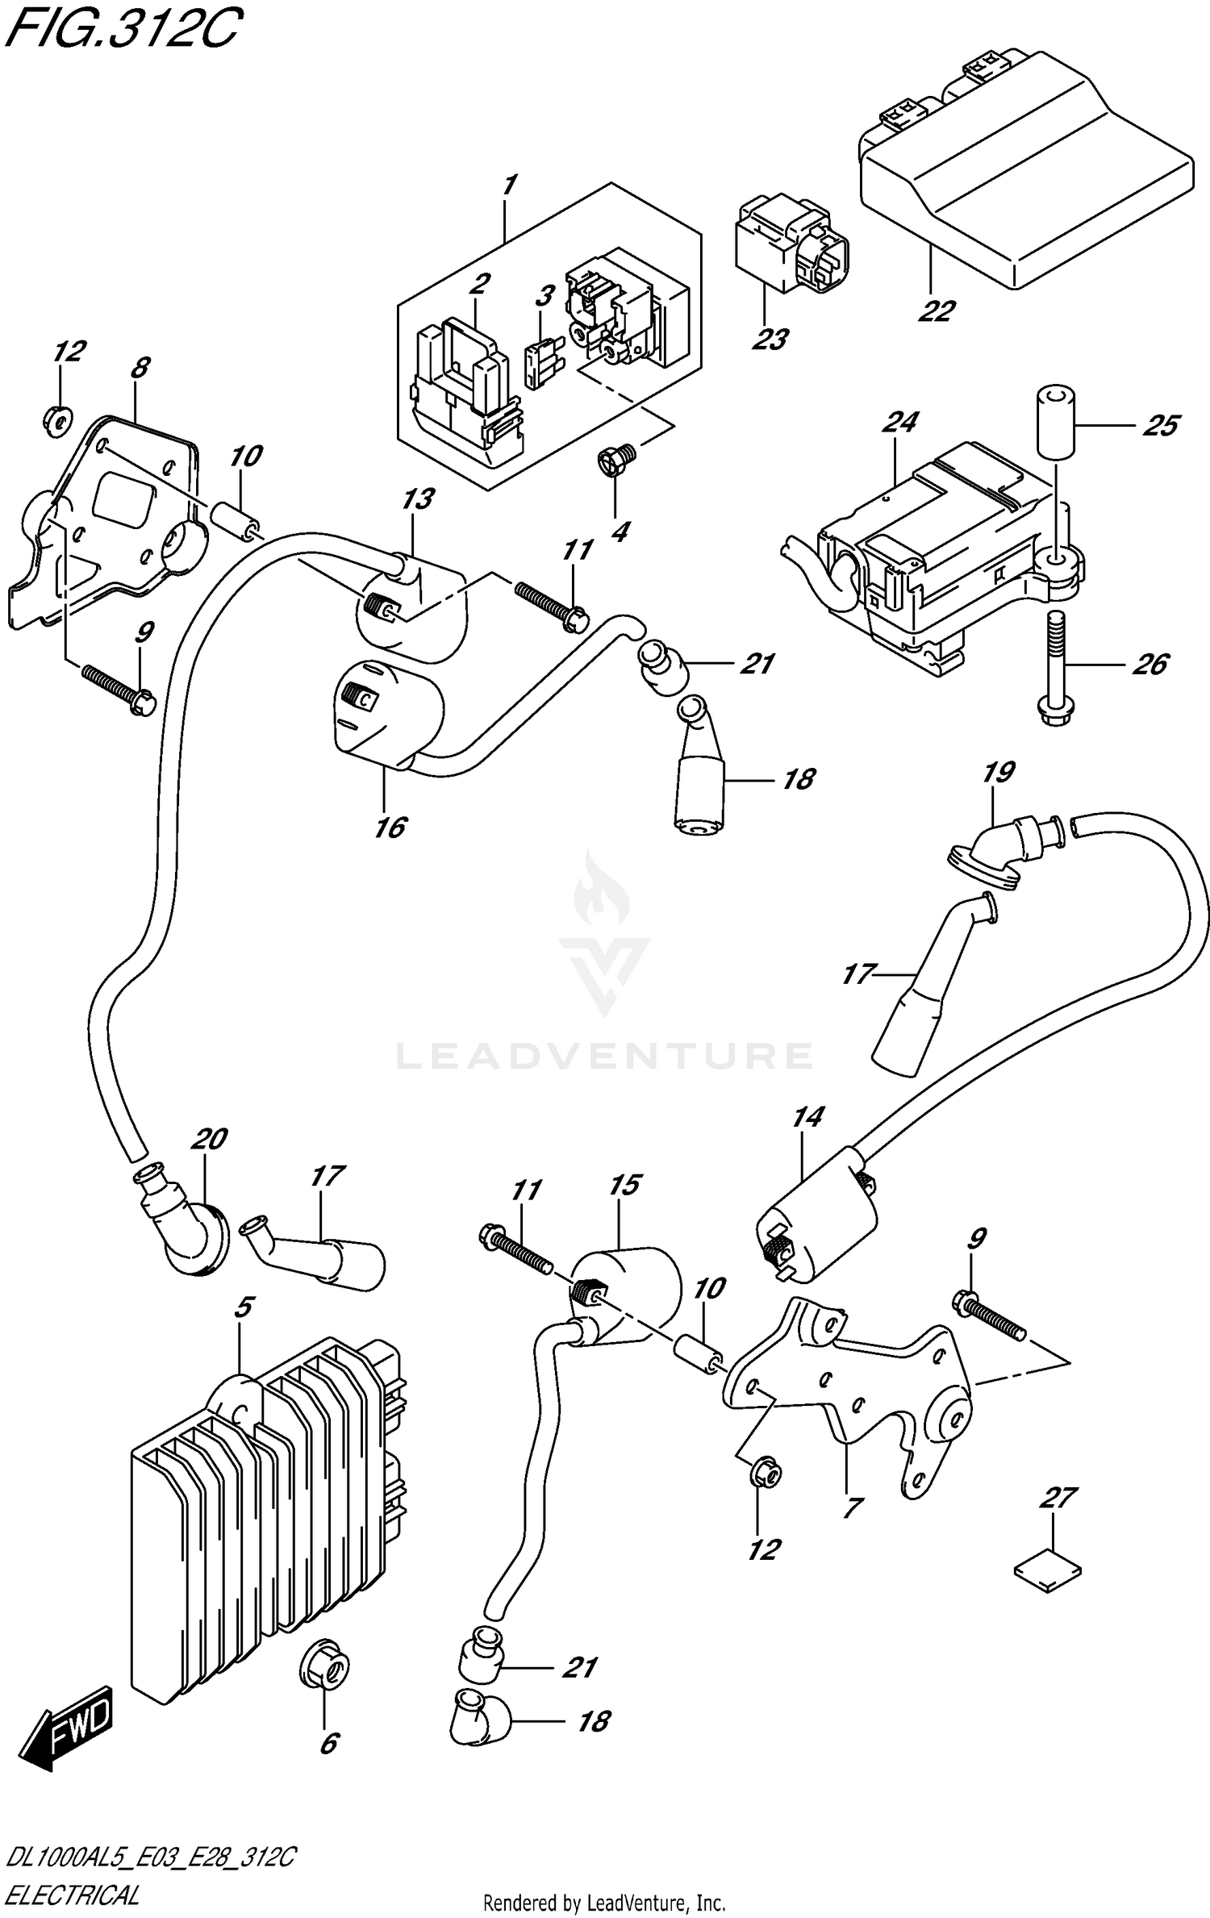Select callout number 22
point(936,311)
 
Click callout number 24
point(900,422)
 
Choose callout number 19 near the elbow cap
point(998,773)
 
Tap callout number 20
point(209,1139)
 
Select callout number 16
point(390,827)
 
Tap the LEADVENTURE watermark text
point(604,1055)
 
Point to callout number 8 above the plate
point(139,368)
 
